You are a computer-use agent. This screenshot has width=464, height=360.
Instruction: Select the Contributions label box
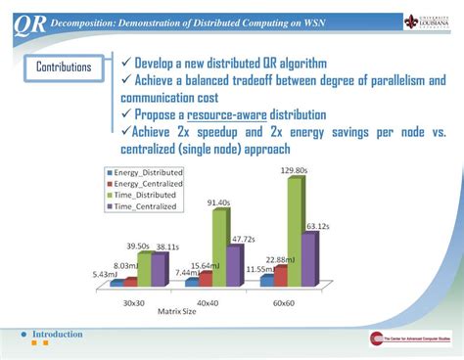(64, 67)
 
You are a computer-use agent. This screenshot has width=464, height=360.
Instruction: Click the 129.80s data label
(289, 170)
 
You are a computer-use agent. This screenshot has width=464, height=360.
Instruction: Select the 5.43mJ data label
(107, 273)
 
